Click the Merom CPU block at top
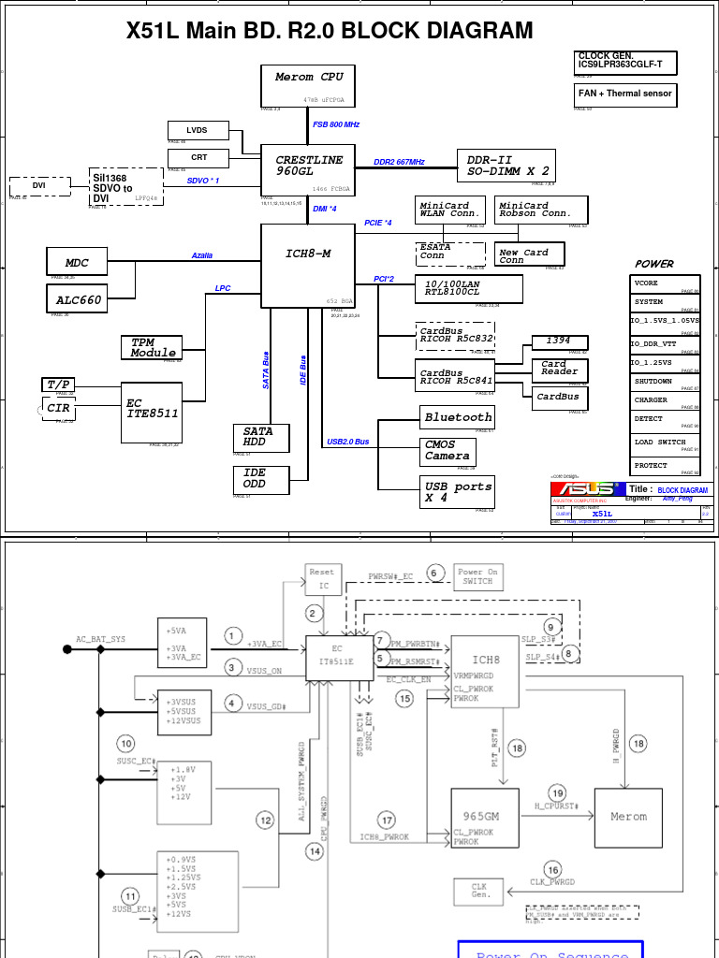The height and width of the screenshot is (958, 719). point(308,85)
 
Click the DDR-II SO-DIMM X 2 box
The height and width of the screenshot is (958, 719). point(506,166)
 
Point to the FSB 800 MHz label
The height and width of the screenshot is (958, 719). point(335,124)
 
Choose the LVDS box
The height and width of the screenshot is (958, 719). point(198,130)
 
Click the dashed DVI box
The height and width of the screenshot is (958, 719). point(39,185)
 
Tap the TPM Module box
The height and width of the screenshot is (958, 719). point(152,347)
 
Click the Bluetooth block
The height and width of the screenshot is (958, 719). point(458,417)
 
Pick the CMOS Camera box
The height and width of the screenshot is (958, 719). point(448,451)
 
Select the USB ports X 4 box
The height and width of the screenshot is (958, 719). point(458,492)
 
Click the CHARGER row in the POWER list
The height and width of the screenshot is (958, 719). point(665,400)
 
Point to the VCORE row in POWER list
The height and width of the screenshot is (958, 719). point(665,283)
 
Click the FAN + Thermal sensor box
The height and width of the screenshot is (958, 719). point(624,94)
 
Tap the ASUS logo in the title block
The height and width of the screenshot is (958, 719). point(587,489)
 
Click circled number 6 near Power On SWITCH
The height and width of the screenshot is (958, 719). point(433,573)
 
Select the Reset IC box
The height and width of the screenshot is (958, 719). point(321,578)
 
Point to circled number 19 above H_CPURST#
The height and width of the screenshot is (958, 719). point(557,792)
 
